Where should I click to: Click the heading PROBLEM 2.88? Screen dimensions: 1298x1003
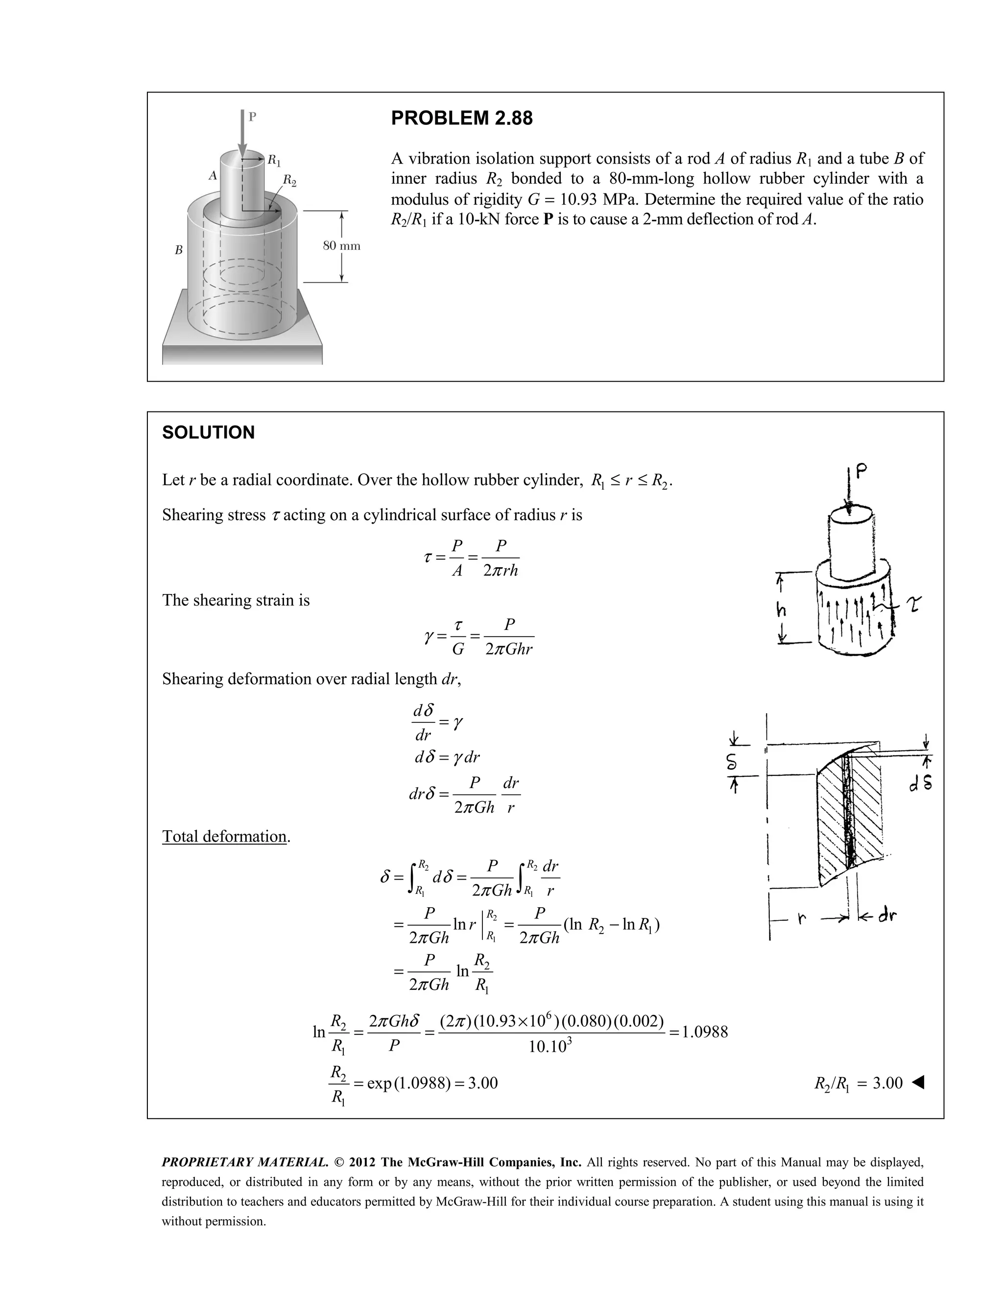point(462,118)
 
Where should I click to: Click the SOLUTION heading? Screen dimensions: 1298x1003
point(208,433)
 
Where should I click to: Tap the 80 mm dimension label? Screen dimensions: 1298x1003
point(341,246)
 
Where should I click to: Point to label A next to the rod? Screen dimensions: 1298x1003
point(212,175)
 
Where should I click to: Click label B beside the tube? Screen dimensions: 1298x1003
point(178,250)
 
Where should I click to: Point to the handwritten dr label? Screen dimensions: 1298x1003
point(886,916)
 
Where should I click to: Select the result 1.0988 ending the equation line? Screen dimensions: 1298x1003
point(705,1031)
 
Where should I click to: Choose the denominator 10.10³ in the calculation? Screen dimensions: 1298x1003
point(550,1047)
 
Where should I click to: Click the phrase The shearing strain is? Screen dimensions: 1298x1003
point(236,601)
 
